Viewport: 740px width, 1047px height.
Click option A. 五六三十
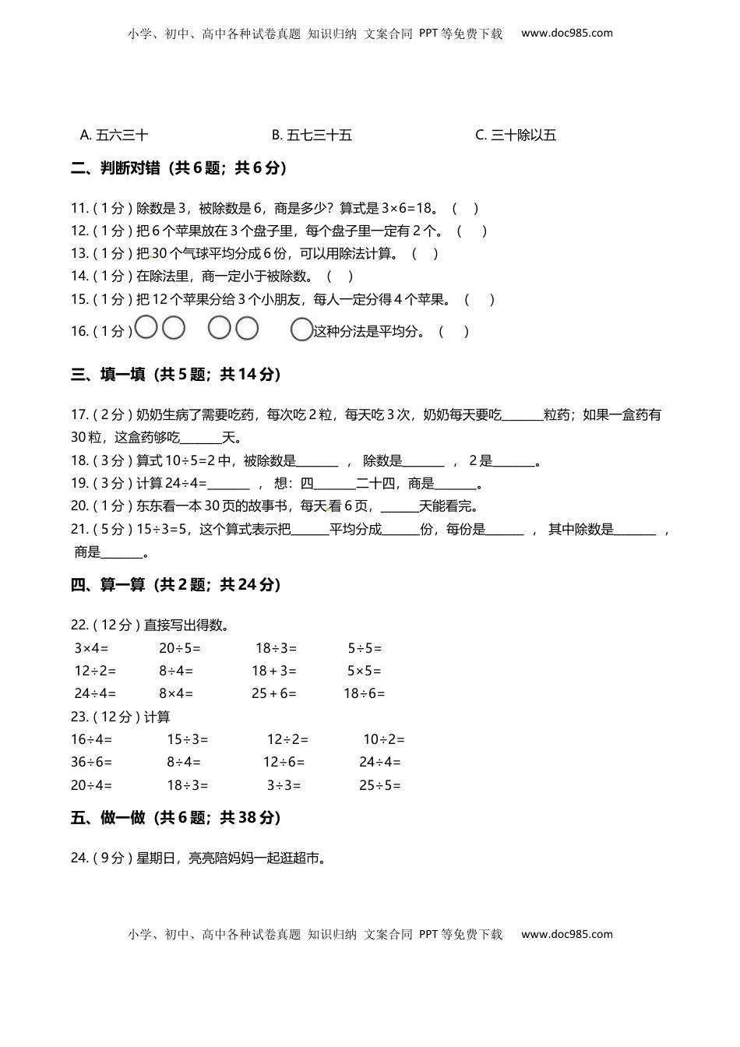tap(114, 135)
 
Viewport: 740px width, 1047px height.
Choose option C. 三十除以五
tap(516, 135)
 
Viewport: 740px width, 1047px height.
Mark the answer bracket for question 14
tap(340, 276)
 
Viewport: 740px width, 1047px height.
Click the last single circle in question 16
tap(301, 330)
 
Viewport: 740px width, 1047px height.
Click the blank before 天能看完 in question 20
tap(400, 507)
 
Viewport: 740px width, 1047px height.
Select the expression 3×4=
tap(91, 648)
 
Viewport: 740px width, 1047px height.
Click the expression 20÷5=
tap(180, 648)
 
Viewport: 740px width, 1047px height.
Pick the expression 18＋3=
tap(274, 671)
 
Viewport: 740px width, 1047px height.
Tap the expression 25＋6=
tap(274, 693)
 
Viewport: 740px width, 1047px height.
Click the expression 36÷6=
tap(91, 762)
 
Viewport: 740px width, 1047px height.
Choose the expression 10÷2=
tap(384, 739)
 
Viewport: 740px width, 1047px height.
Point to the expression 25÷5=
tap(380, 785)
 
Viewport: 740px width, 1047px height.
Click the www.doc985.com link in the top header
tap(567, 33)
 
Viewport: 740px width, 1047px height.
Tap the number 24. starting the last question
tap(79, 858)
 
